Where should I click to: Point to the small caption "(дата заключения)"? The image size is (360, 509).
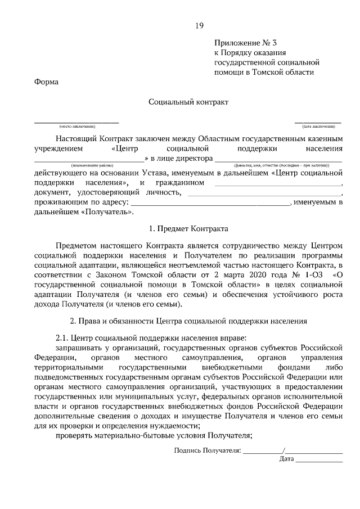(318, 126)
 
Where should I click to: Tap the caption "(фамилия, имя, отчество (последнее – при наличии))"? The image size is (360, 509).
(279, 165)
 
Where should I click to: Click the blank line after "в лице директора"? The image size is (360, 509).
(279, 160)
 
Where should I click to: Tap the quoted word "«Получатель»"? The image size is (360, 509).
(107, 213)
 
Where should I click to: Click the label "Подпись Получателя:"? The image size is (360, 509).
(208, 451)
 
